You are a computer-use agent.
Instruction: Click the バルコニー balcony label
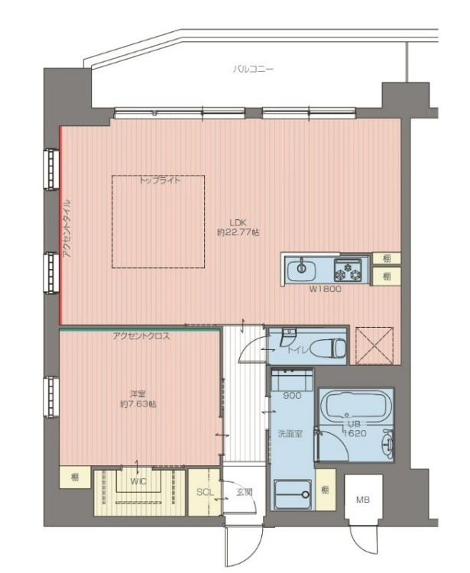coord(253,70)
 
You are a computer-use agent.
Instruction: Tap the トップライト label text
coord(159,182)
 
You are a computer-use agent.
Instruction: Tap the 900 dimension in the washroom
coord(291,396)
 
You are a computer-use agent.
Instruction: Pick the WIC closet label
coord(138,483)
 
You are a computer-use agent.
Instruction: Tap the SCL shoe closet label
coord(204,492)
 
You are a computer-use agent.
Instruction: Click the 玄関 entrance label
coord(243,492)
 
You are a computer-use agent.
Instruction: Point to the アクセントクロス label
coord(141,336)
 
